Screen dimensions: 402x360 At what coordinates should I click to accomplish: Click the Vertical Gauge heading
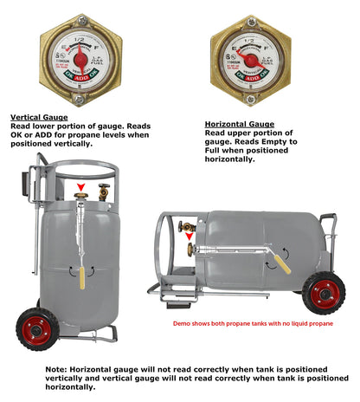coord(37,115)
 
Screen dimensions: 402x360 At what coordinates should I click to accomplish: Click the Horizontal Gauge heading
coord(238,124)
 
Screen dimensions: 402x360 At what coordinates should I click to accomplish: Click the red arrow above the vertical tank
coord(81,186)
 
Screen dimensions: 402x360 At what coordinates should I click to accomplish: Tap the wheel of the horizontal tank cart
coord(324,292)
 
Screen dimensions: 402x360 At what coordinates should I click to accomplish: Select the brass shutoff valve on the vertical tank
coord(103,192)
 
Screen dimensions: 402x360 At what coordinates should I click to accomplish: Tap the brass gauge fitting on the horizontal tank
coord(190,250)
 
